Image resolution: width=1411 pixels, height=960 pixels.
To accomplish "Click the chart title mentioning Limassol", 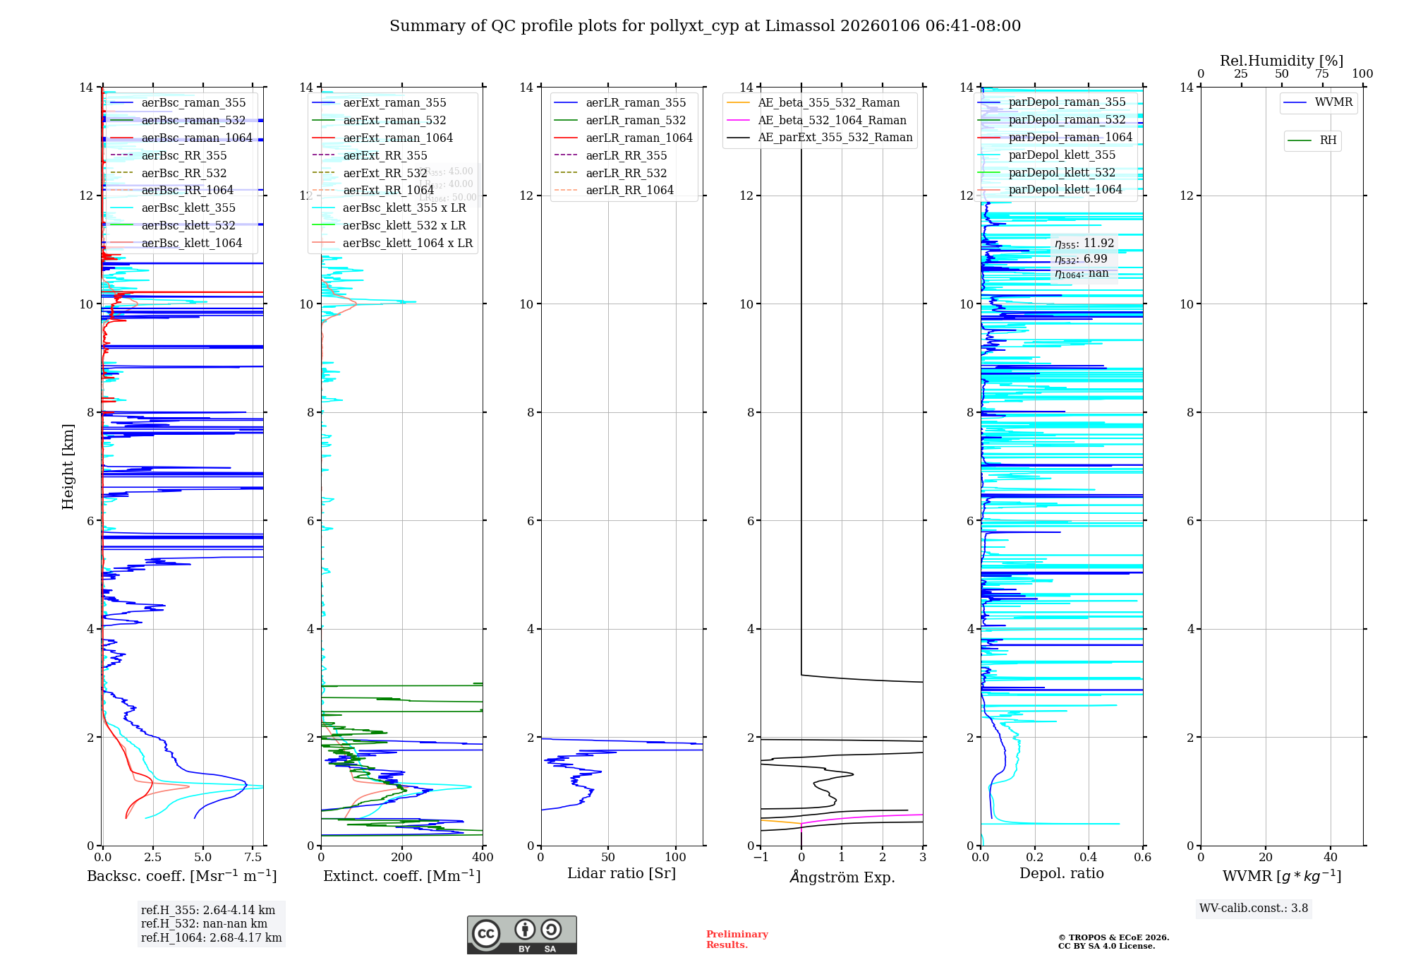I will click(705, 26).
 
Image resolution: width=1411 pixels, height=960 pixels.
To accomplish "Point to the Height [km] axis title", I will click(68, 466).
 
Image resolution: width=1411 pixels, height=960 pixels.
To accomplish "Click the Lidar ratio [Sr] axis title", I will click(622, 873).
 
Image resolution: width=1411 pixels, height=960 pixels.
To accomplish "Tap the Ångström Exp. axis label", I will click(842, 877).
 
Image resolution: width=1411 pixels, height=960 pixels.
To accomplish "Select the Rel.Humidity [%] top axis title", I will click(1281, 61).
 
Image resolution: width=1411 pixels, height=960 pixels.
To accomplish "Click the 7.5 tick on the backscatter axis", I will click(253, 858).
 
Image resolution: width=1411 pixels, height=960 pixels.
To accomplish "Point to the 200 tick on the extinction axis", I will click(401, 858).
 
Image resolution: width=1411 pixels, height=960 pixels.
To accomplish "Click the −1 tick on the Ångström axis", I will click(761, 858).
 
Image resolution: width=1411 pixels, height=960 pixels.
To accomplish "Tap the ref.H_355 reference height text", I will click(208, 910).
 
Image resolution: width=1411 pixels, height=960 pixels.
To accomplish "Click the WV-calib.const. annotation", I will click(1254, 908).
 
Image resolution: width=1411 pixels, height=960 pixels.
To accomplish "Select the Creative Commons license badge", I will click(521, 935).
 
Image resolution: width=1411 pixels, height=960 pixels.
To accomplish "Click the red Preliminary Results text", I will click(737, 939).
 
